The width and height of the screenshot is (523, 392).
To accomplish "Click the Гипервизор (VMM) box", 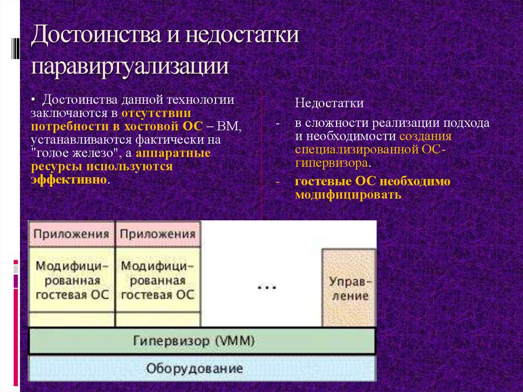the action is (202, 341).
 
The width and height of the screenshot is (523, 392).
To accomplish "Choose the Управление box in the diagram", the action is (349, 289).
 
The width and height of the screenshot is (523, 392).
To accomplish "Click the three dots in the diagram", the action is (267, 288).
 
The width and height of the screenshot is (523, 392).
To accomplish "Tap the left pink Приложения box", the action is (72, 234).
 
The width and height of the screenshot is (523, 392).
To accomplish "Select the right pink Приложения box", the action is (158, 234).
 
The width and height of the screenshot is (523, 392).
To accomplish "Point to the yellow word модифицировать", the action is (348, 195).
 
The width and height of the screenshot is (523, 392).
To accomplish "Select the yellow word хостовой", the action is (153, 126).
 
